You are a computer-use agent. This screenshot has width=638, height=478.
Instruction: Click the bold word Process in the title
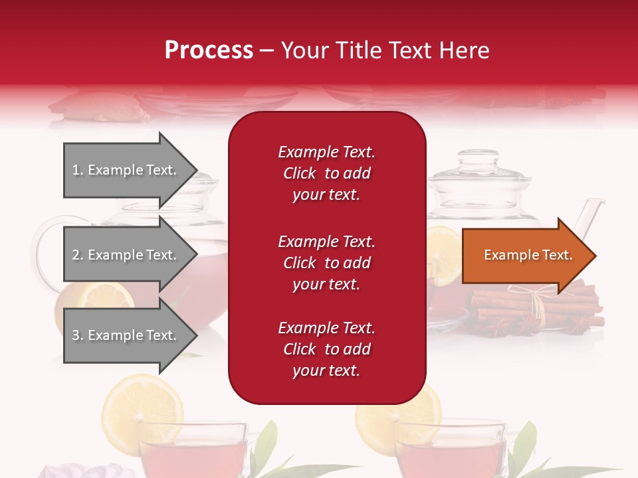[x=209, y=50]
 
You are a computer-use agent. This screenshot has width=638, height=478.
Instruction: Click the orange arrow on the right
[x=528, y=256]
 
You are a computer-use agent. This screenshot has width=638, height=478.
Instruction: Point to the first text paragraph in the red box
[x=326, y=173]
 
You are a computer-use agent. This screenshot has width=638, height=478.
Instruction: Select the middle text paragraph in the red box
[x=326, y=263]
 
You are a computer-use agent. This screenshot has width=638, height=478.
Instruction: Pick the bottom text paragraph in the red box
[x=326, y=349]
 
